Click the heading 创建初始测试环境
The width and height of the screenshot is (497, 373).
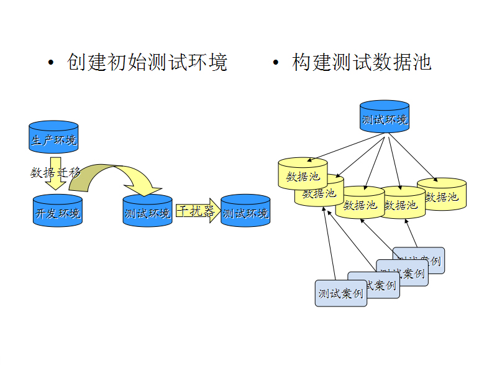click(x=148, y=62)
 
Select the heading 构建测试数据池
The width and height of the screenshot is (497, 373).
click(x=362, y=62)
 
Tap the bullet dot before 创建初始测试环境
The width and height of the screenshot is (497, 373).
click(x=51, y=63)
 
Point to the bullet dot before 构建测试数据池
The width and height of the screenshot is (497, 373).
click(x=276, y=63)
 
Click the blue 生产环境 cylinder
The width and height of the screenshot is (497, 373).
click(x=54, y=137)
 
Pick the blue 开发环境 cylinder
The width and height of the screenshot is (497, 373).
click(x=57, y=211)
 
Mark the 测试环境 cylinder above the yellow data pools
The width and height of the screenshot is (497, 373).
click(x=385, y=117)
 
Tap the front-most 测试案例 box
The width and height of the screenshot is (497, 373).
click(x=340, y=293)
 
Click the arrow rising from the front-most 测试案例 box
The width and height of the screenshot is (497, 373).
click(x=329, y=242)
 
